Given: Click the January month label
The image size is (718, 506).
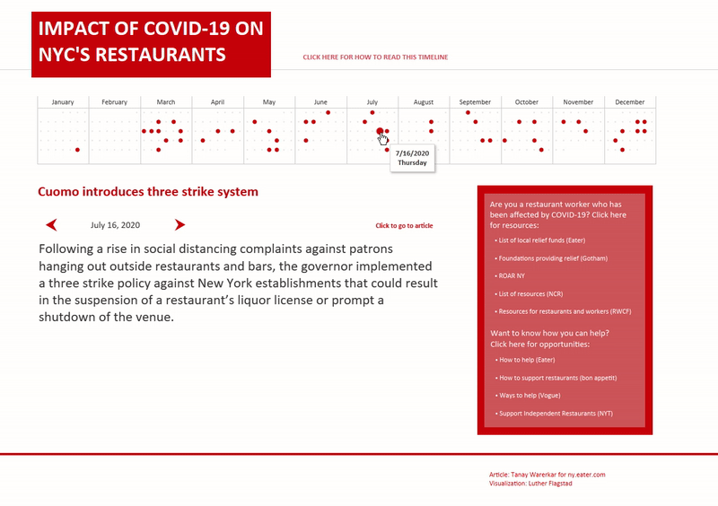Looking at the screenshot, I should tap(63, 102).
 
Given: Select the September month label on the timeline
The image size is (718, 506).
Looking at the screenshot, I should tap(475, 102).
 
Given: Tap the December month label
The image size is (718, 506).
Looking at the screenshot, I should tap(630, 102).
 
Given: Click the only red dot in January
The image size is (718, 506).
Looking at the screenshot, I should tap(77, 150).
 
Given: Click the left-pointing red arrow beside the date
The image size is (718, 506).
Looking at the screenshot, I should tap(52, 224).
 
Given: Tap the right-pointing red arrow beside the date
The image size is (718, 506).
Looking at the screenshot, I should tap(179, 224).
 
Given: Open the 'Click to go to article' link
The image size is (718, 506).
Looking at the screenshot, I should tap(404, 226).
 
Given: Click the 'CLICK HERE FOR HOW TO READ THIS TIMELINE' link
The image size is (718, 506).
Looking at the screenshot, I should tap(375, 57).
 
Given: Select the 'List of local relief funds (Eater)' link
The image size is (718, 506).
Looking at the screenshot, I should tap(540, 240).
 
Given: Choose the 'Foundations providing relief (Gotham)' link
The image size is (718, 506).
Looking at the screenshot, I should tap(549, 257).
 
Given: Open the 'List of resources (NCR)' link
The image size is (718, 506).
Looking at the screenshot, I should tap(532, 293).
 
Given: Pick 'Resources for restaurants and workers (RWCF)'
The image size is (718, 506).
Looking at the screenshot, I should tap(558, 311).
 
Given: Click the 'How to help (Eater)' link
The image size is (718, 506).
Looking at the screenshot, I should tap(529, 360).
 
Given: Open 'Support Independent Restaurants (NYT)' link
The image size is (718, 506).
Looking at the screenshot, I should tap(556, 413).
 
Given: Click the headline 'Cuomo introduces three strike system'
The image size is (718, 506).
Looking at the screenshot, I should tap(148, 192).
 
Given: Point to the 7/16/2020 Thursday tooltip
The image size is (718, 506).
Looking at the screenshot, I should tap(412, 158).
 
